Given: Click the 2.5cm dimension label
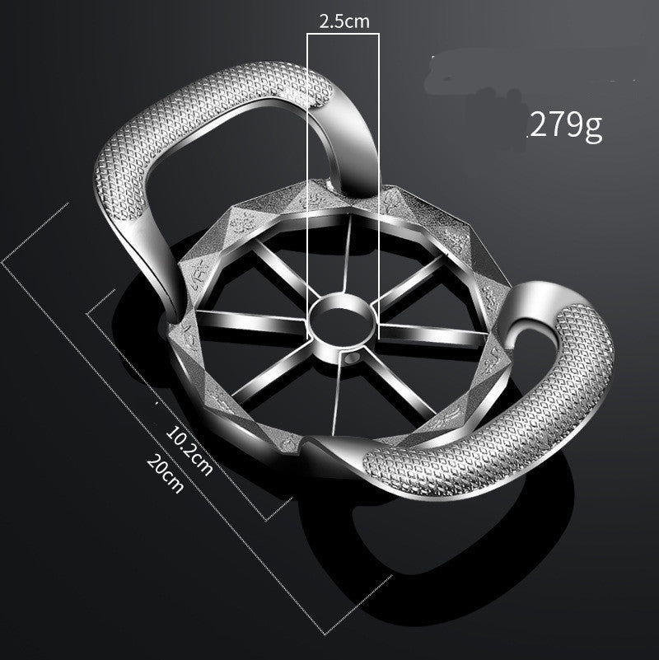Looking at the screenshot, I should (x=344, y=22).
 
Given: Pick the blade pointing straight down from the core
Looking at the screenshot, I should (x=336, y=387).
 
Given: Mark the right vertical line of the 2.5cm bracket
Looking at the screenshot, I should (x=379, y=165).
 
